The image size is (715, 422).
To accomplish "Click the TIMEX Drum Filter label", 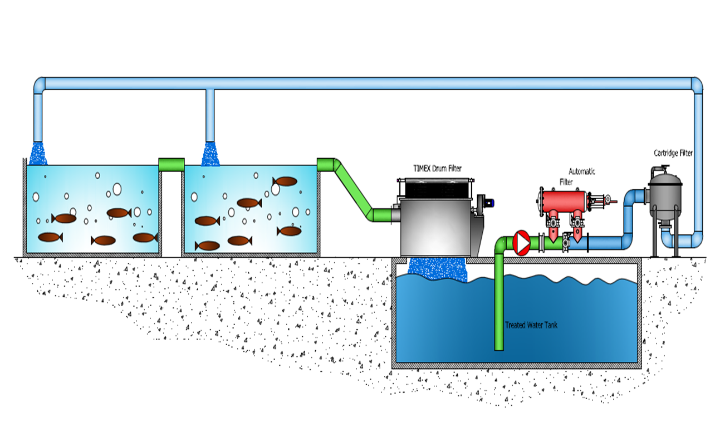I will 437,168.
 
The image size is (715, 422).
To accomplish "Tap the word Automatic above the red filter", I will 582,171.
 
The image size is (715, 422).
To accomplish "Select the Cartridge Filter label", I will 673,153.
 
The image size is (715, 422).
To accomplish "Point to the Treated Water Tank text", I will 531,325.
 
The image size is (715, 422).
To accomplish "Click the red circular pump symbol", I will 522,243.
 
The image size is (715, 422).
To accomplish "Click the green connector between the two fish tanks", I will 171,165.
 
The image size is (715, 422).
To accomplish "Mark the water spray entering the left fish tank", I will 38,154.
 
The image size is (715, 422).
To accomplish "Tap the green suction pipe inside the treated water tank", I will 499,312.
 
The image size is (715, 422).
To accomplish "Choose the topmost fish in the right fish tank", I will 285,181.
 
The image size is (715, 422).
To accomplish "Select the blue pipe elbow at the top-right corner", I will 696,85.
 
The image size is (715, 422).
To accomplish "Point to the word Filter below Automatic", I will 566,181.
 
